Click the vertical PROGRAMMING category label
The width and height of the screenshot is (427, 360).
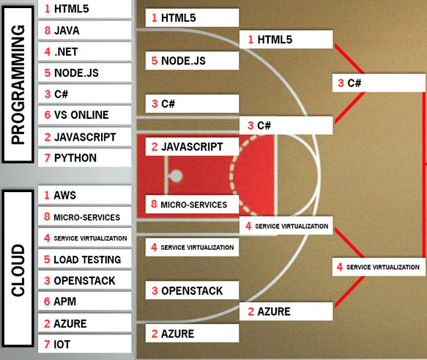(18, 84)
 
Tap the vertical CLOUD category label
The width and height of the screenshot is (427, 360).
(18, 268)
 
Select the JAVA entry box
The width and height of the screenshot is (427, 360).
(85, 30)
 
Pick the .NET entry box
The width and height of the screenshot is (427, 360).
(85, 51)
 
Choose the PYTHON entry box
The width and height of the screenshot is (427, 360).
(85, 158)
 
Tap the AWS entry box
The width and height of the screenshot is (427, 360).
(85, 195)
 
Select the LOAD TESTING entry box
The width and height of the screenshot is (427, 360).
(85, 259)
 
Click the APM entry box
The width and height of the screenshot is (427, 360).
(85, 301)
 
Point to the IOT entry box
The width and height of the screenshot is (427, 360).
(85, 344)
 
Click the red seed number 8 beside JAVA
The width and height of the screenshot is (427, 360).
(48, 31)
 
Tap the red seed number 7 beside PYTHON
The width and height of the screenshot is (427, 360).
(48, 158)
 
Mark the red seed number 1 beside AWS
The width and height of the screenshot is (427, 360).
(47, 196)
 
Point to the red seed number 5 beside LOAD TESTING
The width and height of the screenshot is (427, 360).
(47, 260)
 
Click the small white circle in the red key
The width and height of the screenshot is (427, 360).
(177, 176)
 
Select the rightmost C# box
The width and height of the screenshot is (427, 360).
(379, 83)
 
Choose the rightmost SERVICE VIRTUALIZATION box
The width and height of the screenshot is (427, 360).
(379, 267)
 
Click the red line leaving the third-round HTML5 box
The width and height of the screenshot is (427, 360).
(349, 59)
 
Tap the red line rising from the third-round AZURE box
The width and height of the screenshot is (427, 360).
(350, 292)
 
